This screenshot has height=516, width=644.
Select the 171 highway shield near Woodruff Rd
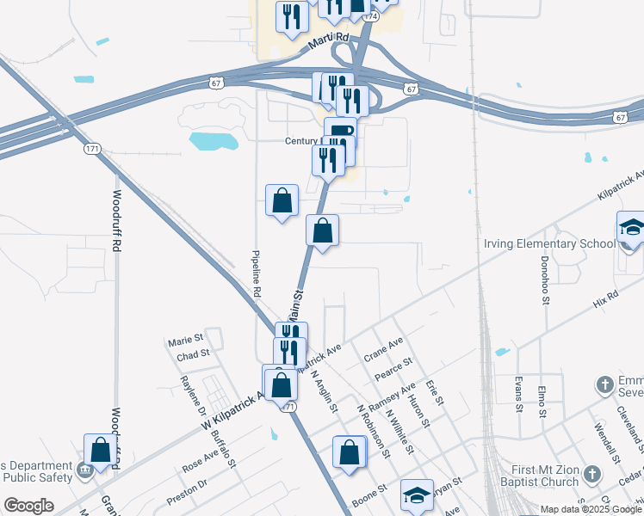93,149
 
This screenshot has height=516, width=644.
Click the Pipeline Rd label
256,274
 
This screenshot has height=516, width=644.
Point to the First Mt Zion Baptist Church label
526,474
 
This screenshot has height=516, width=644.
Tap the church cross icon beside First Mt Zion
591,474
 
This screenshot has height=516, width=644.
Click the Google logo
28,506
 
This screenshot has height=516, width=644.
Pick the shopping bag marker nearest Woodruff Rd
100,449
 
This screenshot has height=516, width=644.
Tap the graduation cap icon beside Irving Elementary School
631,229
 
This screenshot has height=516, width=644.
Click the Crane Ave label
383,348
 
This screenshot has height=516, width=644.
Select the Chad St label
193,353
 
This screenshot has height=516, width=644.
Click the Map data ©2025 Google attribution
591,508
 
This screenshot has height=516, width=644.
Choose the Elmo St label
542,399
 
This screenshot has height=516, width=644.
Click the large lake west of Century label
213,140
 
